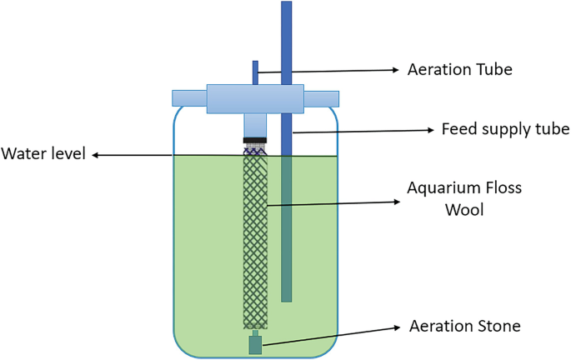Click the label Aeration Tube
(x=459, y=70)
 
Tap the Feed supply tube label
(x=503, y=130)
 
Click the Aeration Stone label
(x=464, y=327)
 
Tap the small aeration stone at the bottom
(x=255, y=344)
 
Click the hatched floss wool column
(x=253, y=242)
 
